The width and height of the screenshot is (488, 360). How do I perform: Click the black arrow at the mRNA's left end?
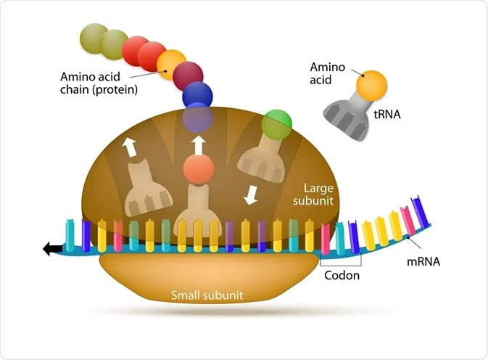[53, 249]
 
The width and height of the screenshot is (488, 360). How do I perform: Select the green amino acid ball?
[276, 123]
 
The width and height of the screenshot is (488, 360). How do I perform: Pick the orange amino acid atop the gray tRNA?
[371, 84]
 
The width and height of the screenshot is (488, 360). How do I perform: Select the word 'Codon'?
[341, 276]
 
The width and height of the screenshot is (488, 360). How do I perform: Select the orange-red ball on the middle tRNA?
[198, 170]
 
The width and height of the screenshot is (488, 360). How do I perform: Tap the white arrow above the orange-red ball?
[198, 142]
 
